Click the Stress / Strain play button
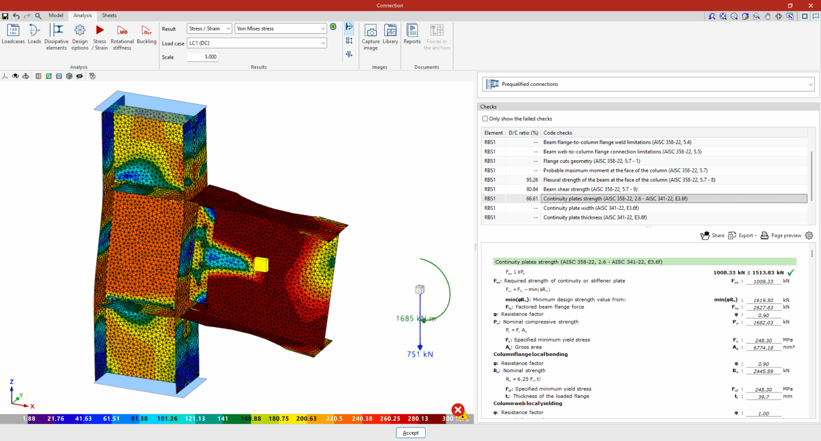(100, 30)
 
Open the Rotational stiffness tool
(122, 31)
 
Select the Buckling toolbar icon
(146, 31)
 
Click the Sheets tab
(109, 15)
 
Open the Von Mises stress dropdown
(281, 28)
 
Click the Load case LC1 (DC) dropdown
(257, 43)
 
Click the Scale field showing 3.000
(203, 57)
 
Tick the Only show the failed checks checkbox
(485, 119)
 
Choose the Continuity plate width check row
(591, 208)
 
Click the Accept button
(410, 433)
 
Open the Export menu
(742, 235)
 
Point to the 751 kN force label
(420, 355)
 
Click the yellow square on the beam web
(261, 264)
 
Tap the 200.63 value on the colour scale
(306, 419)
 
